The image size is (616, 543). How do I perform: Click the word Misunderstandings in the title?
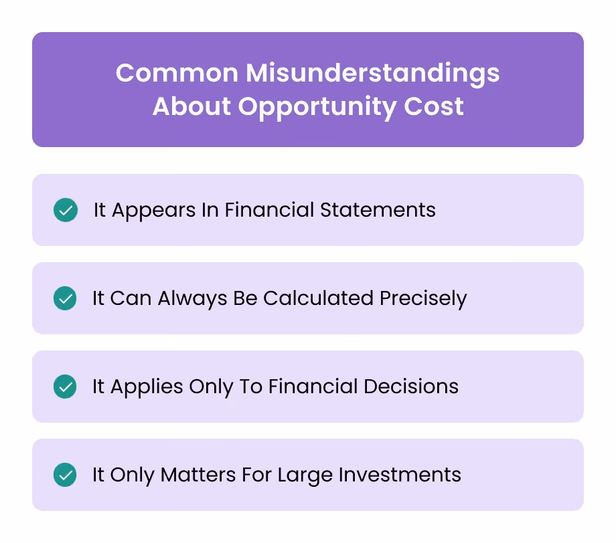[372, 74]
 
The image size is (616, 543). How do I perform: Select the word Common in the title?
[175, 74]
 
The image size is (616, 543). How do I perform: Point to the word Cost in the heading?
[435, 107]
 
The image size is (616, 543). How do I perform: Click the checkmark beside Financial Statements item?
[65, 210]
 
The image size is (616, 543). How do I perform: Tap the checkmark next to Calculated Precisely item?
[65, 298]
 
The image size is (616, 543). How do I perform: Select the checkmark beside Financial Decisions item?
[65, 387]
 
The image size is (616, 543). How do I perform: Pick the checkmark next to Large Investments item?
[65, 475]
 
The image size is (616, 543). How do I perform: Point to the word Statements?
[378, 210]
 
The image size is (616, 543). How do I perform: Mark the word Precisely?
[423, 298]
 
